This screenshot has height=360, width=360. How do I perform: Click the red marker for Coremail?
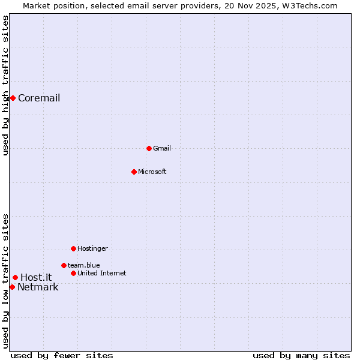13,98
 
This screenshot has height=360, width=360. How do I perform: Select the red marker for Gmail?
149,148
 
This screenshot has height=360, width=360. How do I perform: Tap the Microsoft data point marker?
134,172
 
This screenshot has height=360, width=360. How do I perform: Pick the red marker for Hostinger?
73,248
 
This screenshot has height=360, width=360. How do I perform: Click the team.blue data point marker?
64,265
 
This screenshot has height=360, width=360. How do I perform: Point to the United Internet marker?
73,273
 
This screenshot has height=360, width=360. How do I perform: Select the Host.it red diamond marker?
15,277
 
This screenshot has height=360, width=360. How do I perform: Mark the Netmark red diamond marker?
12,287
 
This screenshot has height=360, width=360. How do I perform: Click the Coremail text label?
39,98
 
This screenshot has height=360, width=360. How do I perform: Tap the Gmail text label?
162,148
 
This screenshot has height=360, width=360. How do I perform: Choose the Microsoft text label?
152,172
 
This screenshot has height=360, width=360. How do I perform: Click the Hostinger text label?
92,248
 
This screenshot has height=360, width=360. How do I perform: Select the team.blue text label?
83,265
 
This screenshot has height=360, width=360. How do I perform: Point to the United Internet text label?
101,273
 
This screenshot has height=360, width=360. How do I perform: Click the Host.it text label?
36,277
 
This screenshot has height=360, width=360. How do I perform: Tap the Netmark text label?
38,287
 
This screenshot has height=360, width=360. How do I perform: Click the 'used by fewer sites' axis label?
62,355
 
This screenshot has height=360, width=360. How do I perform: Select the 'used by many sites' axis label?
301,355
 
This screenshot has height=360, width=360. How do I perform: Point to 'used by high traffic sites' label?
5,85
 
